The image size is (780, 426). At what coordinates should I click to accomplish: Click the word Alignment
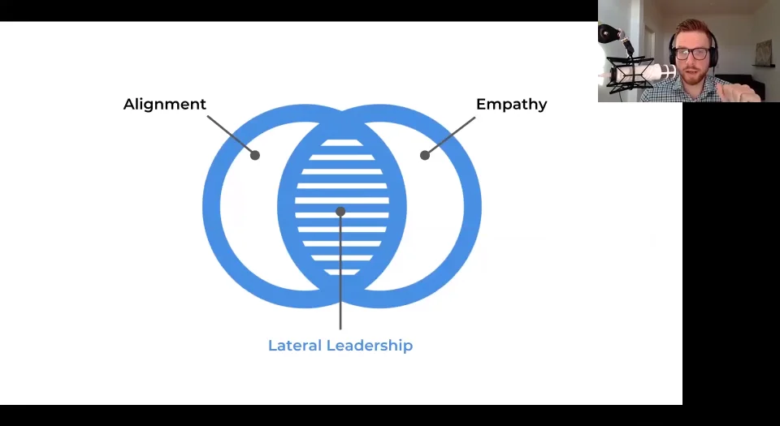tap(165, 105)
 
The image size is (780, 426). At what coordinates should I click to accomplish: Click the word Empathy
tap(511, 105)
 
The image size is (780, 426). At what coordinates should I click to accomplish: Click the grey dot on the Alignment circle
tap(255, 155)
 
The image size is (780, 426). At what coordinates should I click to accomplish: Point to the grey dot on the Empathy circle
tap(424, 155)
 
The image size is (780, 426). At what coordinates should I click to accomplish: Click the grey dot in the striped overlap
tap(340, 211)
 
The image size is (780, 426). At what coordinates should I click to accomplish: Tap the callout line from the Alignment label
tap(229, 133)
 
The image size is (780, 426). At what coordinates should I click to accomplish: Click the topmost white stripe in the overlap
tap(341, 144)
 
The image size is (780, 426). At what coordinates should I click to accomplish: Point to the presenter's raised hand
tap(743, 88)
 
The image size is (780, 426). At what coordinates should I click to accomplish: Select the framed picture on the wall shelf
tap(763, 53)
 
